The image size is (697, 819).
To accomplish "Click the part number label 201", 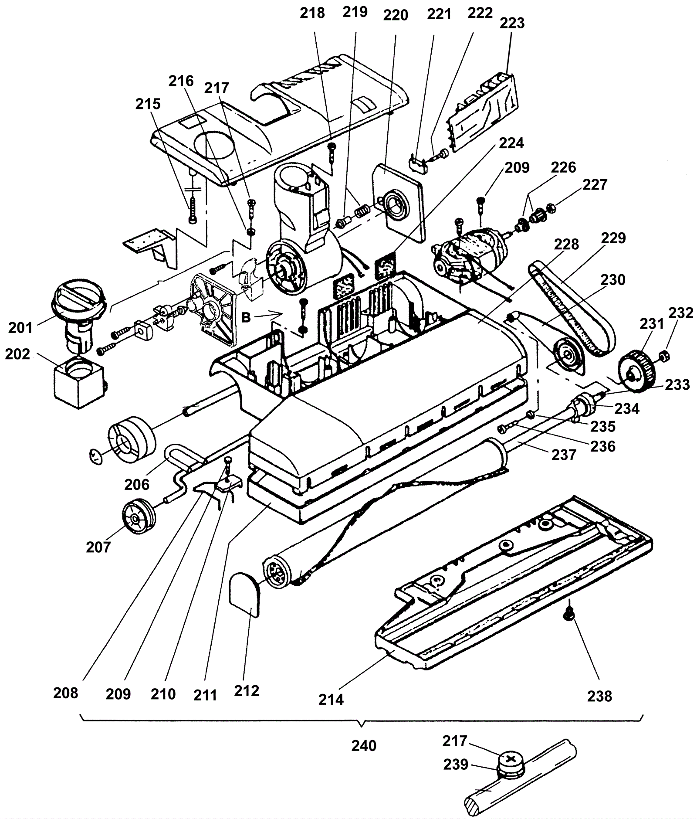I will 20,327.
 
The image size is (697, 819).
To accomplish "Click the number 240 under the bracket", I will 364,745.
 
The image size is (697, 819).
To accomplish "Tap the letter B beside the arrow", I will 246,318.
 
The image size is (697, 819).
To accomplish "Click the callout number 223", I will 512,23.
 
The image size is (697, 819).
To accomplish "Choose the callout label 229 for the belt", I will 613,238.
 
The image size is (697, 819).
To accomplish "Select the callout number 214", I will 332,700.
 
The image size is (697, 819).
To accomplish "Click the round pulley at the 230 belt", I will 568,356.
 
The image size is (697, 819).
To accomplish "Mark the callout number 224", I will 511,143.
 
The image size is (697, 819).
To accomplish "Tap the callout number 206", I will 137,484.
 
